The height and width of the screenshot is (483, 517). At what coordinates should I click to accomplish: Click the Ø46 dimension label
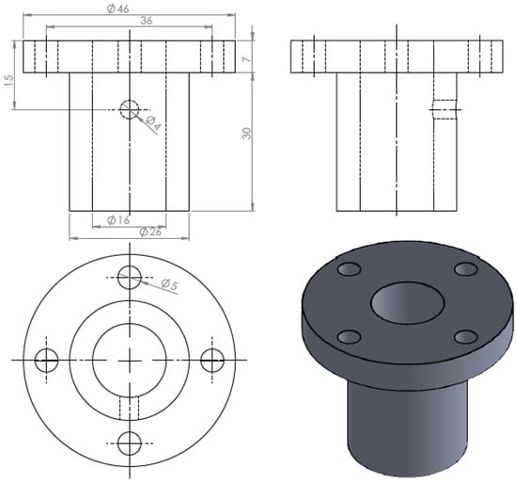pyautogui.click(x=118, y=8)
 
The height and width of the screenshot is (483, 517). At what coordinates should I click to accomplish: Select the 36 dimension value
pyautogui.click(x=147, y=21)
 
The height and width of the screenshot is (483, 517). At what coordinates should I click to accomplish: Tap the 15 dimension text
pyautogui.click(x=8, y=80)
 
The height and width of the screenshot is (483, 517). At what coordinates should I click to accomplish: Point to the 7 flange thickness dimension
pyautogui.click(x=246, y=59)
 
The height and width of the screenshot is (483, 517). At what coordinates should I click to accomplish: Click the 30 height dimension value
pyautogui.click(x=246, y=133)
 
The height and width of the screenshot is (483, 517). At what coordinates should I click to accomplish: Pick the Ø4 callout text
pyautogui.click(x=153, y=122)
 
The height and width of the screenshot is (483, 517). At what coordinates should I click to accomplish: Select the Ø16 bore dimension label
pyautogui.click(x=118, y=220)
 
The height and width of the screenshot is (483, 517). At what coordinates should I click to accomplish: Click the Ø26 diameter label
pyautogui.click(x=150, y=232)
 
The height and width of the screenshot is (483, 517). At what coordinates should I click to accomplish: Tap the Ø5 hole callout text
pyautogui.click(x=169, y=283)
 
